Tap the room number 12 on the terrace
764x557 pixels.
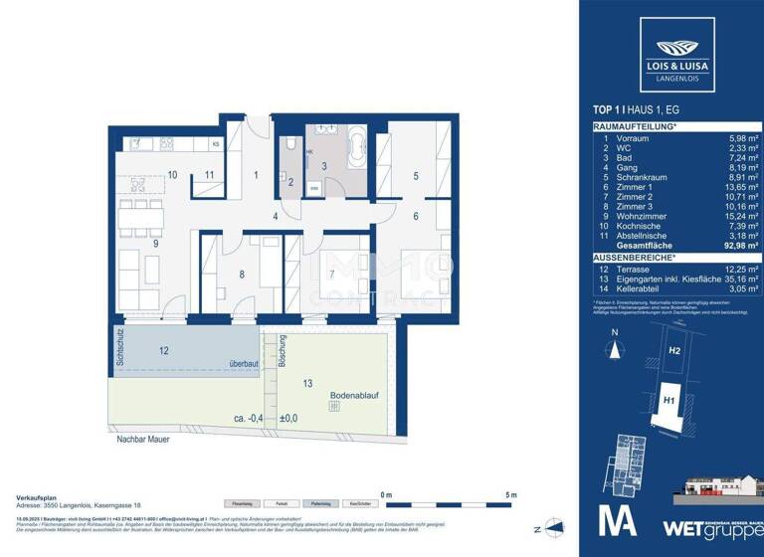point(163,349)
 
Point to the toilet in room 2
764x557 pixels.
point(289,146)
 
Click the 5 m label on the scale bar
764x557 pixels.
point(510,494)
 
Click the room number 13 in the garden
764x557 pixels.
point(307,382)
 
